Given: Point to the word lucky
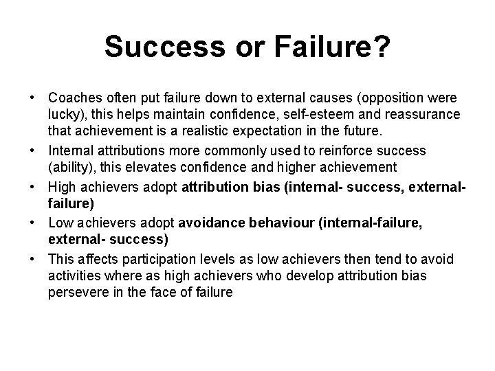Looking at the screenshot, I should point(64,113).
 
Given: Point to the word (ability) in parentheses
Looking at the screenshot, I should point(69,166).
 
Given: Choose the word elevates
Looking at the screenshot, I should point(148,166).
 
